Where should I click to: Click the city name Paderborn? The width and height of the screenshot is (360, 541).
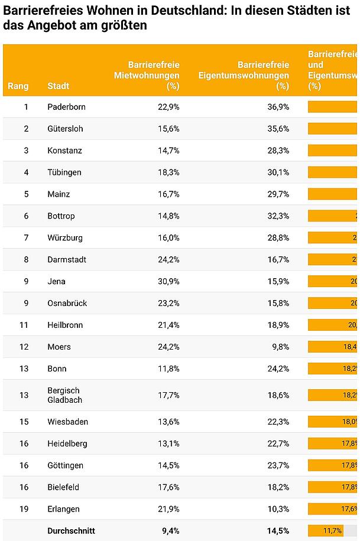[66, 107]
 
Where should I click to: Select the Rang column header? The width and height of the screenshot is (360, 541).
[18, 86]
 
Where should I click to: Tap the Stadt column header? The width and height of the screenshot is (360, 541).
[58, 86]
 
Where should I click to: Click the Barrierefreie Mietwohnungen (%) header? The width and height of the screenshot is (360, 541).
[147, 75]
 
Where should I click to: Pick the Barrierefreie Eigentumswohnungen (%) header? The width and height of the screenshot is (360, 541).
[244, 75]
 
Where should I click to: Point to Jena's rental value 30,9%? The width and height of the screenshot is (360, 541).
[168, 282]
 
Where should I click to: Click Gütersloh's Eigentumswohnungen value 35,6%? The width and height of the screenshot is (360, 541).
[278, 129]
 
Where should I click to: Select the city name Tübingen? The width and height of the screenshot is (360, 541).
[64, 172]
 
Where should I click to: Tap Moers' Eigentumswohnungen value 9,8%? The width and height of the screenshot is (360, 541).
[280, 347]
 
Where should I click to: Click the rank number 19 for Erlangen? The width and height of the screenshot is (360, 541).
[26, 509]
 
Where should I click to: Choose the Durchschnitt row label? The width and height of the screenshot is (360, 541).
[71, 531]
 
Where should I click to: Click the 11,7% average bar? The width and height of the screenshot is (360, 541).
[325, 531]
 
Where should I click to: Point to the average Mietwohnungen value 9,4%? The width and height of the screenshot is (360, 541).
[171, 531]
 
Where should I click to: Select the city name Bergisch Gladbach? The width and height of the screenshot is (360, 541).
[64, 395]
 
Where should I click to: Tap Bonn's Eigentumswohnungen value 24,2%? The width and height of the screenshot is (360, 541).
[278, 369]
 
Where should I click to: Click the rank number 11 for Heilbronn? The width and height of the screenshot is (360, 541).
[26, 325]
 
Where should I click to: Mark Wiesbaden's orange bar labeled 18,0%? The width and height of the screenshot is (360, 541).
[333, 422]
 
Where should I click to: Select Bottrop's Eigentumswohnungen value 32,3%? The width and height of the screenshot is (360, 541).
[278, 216]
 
